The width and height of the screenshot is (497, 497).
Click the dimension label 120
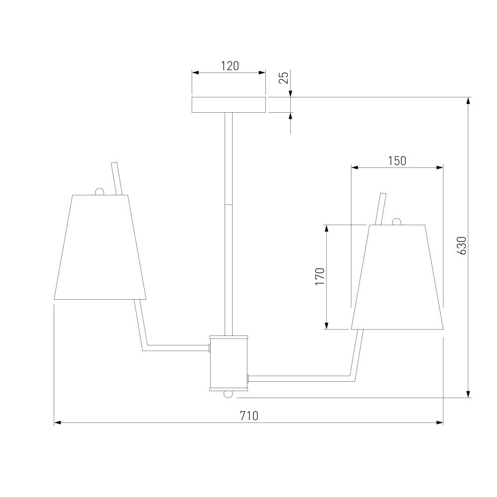230,66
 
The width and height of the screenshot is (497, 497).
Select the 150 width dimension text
397,161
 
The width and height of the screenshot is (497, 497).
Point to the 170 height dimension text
320,276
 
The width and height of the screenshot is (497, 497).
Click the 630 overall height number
462,246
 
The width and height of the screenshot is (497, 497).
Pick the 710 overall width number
249,415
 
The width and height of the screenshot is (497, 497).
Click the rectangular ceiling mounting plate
229,105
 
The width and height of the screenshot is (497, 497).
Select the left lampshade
100,247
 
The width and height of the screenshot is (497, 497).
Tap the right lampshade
397,277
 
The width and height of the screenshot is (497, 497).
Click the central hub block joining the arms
229,363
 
